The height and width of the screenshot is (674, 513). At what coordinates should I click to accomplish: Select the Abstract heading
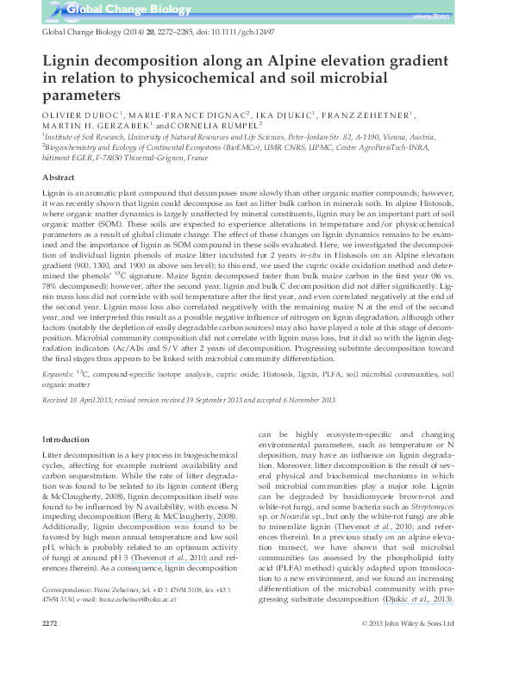pyautogui.click(x=58, y=176)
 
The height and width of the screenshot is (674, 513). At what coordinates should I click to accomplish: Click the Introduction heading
pyautogui.click(x=66, y=439)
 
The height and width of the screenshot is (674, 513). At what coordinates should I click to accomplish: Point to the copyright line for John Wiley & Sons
pyautogui.click(x=417, y=646)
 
